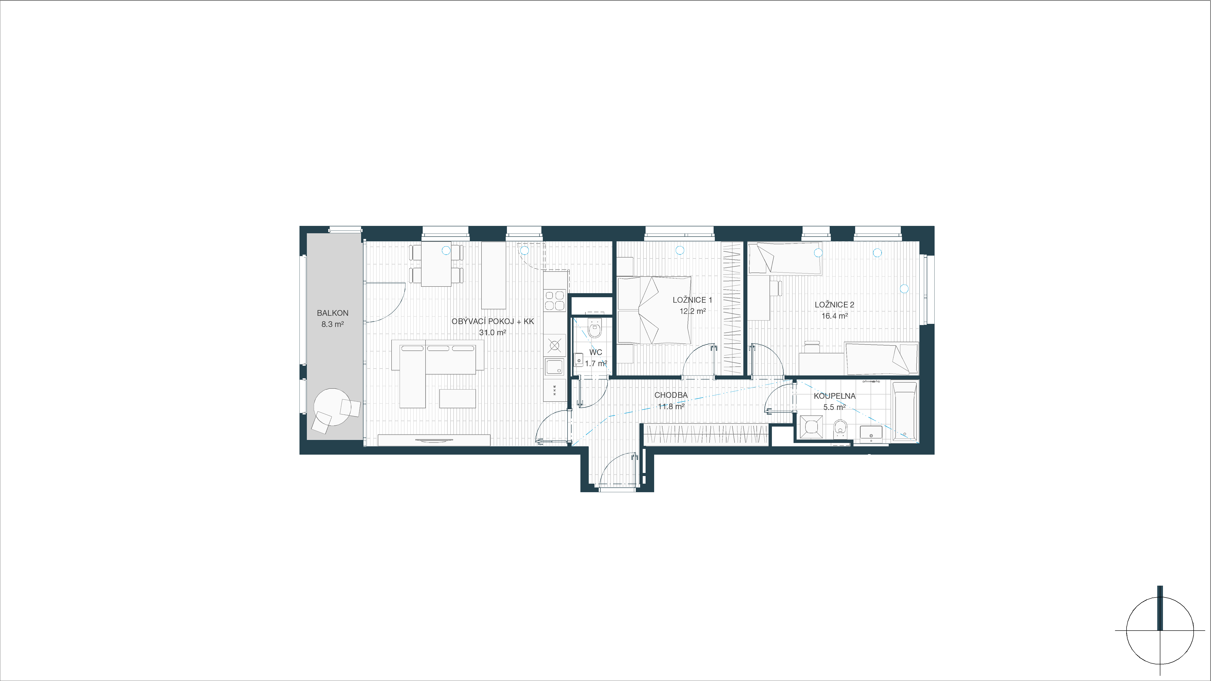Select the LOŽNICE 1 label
[x=692, y=300]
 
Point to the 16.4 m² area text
[x=834, y=316]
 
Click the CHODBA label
[x=671, y=395]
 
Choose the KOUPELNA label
[x=834, y=396]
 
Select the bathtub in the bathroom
[x=904, y=412]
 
